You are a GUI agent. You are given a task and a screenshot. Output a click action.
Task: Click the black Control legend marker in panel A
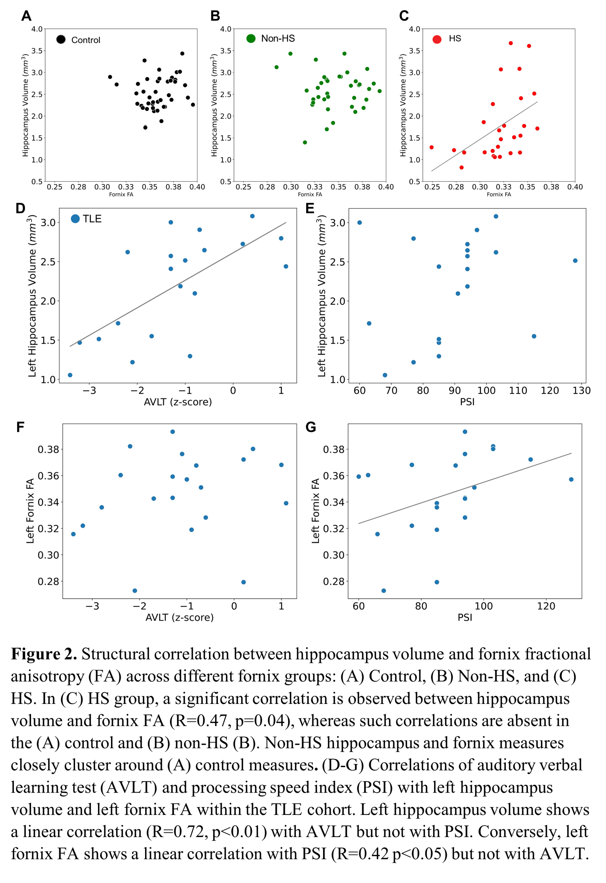coord(61,40)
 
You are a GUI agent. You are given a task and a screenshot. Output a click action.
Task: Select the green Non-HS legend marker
coord(251,39)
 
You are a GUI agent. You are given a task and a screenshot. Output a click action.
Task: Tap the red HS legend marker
coord(437,39)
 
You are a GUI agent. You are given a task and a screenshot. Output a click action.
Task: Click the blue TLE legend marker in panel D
coord(75,218)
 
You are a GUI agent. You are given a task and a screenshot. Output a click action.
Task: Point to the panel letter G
coord(310,427)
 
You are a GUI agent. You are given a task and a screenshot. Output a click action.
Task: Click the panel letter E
coord(310,208)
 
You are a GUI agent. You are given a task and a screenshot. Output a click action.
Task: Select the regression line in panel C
coord(485,136)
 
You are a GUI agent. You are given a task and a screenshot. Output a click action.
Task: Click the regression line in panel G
coord(465,488)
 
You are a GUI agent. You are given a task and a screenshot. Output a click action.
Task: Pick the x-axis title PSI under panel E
coord(467,402)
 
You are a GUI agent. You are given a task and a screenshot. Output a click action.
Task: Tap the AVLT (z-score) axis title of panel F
coord(179,618)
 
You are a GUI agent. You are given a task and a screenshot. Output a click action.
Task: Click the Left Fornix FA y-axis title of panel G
coord(316,511)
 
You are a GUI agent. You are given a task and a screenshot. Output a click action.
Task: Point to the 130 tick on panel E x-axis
coord(581,391)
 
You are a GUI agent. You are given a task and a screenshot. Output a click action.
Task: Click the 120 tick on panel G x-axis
coord(546,606)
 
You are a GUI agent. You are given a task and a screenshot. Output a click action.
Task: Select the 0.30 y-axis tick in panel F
coord(48,555)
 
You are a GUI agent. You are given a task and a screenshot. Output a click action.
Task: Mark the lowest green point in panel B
coord(305,142)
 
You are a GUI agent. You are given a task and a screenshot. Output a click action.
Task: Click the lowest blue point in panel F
coord(135,590)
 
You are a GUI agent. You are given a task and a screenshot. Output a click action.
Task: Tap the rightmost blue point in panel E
coord(575,261)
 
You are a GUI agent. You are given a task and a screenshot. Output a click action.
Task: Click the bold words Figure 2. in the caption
coord(44,654)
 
